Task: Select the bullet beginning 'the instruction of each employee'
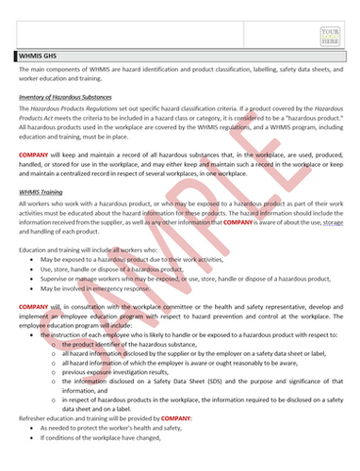[188, 334]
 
